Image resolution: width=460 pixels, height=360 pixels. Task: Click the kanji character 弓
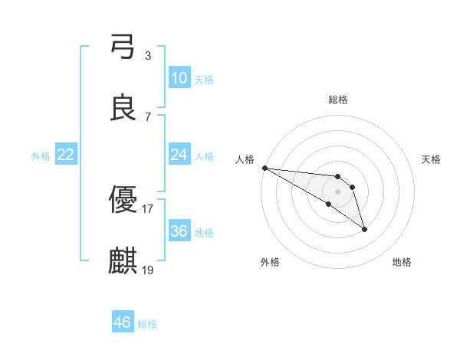(x=123, y=47)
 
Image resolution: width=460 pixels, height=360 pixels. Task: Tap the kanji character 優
(x=123, y=201)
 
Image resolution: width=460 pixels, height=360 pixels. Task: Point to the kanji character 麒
(x=123, y=261)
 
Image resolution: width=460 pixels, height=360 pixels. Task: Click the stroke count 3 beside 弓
(x=148, y=56)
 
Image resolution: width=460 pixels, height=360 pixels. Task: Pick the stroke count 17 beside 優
(x=148, y=208)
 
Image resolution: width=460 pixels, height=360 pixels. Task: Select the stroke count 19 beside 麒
(x=148, y=270)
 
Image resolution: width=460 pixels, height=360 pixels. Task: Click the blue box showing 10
(x=179, y=78)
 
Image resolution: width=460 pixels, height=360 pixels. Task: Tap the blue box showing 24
(x=179, y=155)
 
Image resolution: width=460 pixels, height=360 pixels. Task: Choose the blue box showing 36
(x=179, y=231)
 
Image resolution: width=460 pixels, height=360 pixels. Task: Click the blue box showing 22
(x=65, y=155)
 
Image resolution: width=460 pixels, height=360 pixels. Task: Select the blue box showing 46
(x=123, y=322)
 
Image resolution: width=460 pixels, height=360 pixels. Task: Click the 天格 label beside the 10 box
(x=203, y=79)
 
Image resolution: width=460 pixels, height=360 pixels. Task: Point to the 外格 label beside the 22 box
(x=41, y=155)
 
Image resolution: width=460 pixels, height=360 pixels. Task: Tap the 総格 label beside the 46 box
(x=147, y=323)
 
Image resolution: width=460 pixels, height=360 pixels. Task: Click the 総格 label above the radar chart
(x=338, y=100)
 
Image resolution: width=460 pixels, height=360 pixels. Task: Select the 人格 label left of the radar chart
(x=245, y=159)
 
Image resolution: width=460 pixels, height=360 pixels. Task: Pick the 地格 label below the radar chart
(x=402, y=262)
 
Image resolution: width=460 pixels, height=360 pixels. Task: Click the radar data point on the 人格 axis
(x=264, y=168)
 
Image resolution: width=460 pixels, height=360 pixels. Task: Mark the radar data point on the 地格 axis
(x=364, y=229)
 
